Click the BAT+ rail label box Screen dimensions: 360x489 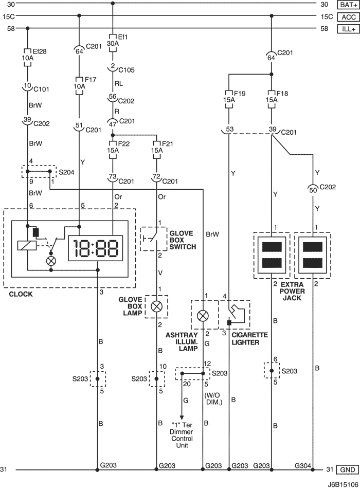[x=349, y=4]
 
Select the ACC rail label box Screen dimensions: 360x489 [x=349, y=17]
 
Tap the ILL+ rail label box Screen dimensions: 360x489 [x=349, y=29]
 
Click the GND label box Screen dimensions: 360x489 [x=348, y=469]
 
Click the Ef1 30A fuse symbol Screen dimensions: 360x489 [x=113, y=43]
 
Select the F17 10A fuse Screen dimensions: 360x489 [x=79, y=85]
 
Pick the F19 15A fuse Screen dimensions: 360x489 [x=229, y=99]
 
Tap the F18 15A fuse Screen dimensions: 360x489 [x=272, y=99]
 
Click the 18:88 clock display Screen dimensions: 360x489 [x=96, y=248]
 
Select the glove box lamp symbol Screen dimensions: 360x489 [x=156, y=306]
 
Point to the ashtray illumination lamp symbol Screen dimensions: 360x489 [x=203, y=316]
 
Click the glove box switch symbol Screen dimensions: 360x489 [x=153, y=239]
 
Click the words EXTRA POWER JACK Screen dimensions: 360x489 [x=292, y=291]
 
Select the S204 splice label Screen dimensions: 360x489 [x=66, y=172]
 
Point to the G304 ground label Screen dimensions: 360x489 [x=303, y=466]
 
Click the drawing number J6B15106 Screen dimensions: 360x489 [x=343, y=485]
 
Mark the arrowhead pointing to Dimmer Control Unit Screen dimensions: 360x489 [x=182, y=418]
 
